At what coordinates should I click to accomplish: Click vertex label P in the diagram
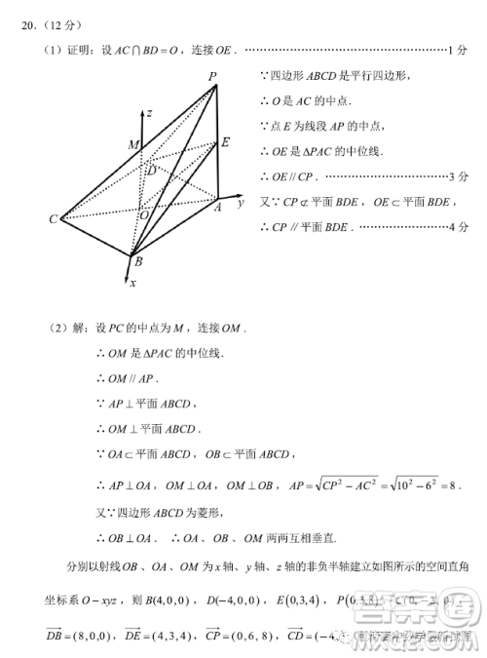212,76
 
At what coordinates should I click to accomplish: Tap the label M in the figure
132,145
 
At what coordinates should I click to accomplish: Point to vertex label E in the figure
225,142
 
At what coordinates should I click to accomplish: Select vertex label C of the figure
54,219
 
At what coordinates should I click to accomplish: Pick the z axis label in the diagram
148,113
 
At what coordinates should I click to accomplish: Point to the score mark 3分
459,176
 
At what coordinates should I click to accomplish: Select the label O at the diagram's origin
142,214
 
